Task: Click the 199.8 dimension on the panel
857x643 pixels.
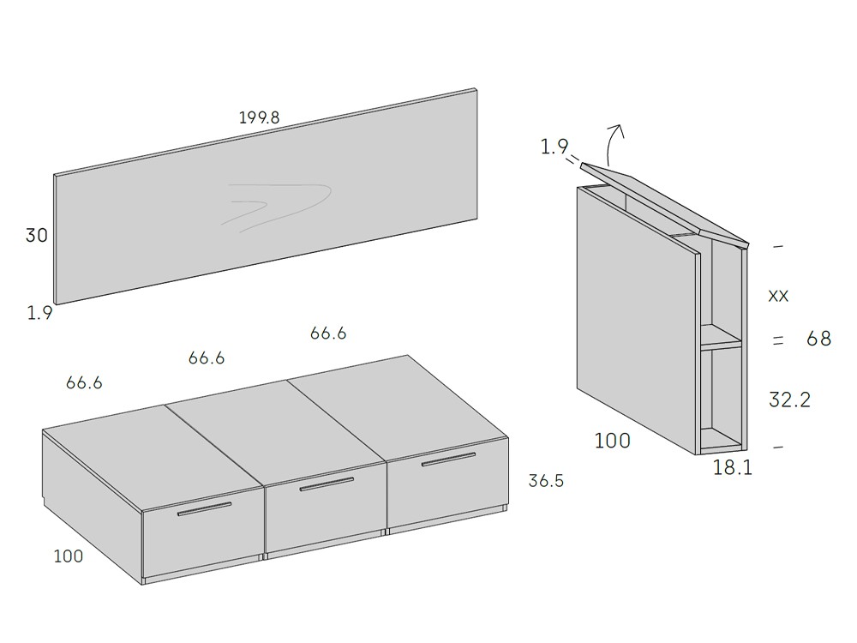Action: [x=259, y=117]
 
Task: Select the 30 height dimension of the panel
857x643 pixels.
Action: [x=37, y=235]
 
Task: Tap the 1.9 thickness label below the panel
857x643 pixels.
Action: [x=40, y=313]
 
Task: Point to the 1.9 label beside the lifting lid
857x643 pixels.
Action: [x=554, y=147]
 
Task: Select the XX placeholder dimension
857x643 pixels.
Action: [x=778, y=297]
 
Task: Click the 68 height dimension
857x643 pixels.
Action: [x=818, y=339]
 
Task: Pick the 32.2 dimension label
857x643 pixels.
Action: [x=790, y=400]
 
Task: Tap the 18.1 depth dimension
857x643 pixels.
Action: [x=733, y=467]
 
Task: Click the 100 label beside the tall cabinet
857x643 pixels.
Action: [x=612, y=440]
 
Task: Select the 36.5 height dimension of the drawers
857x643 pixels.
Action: [x=545, y=481]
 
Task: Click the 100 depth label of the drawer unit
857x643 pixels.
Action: [x=69, y=556]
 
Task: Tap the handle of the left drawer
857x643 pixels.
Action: [x=205, y=509]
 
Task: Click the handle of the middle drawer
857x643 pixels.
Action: [x=327, y=484]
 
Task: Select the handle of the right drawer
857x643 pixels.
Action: [x=448, y=460]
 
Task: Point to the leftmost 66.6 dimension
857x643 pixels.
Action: [x=84, y=382]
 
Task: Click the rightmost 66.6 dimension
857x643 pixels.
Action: [x=328, y=333]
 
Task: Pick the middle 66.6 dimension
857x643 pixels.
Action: [x=207, y=358]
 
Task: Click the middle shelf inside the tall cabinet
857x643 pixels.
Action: [x=722, y=337]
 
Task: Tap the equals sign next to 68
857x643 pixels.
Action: [x=778, y=340]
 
